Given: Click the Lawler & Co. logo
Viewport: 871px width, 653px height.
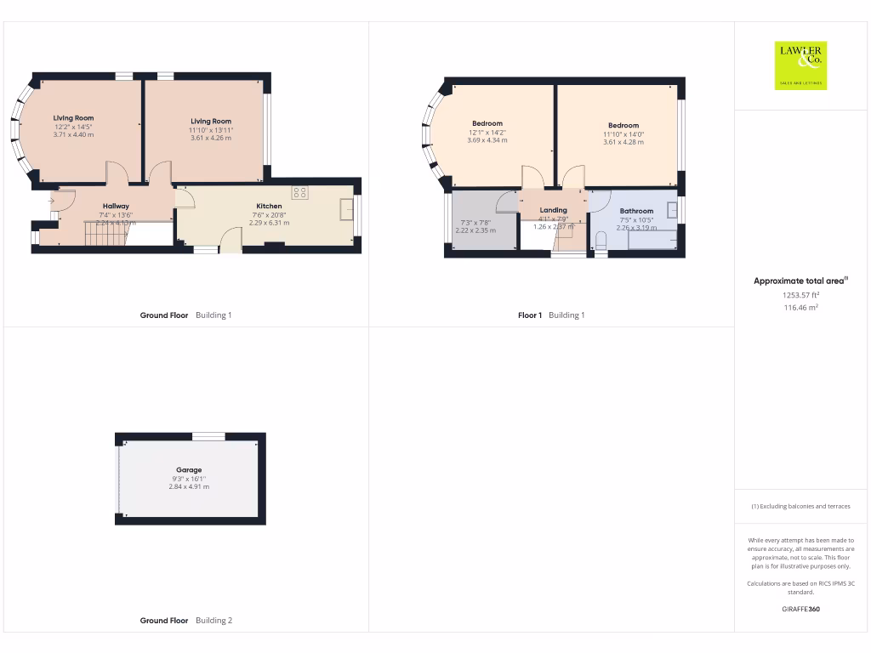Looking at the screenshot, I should click(800, 65).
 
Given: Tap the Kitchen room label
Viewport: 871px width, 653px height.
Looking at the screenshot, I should click(269, 206).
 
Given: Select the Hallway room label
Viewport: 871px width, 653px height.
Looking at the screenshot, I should click(116, 206).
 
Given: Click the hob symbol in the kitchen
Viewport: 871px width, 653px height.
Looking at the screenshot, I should click(300, 192).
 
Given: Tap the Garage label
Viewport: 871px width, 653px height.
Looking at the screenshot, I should click(189, 469).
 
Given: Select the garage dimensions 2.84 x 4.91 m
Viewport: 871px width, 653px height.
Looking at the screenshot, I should click(189, 486).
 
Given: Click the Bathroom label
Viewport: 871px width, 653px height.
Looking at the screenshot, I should click(636, 211).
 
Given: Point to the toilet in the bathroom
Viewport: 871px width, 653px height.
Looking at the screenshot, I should click(601, 242).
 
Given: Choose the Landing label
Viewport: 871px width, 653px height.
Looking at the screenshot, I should click(553, 210).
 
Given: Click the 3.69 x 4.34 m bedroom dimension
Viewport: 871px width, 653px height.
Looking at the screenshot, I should click(487, 140).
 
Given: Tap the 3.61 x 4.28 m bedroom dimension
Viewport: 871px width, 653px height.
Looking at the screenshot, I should click(623, 142).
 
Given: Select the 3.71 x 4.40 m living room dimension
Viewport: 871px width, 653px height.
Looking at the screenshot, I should click(73, 134).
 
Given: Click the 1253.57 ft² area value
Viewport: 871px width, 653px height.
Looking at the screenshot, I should click(800, 295).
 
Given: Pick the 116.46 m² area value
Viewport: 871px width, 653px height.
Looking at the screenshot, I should click(800, 308).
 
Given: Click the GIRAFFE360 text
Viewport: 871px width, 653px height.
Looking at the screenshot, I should click(800, 609).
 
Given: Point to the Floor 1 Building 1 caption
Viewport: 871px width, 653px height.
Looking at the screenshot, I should click(551, 315).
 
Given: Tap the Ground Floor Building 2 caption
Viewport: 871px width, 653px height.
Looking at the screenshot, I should click(185, 621).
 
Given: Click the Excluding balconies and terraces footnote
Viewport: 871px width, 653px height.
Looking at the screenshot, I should click(800, 506).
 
